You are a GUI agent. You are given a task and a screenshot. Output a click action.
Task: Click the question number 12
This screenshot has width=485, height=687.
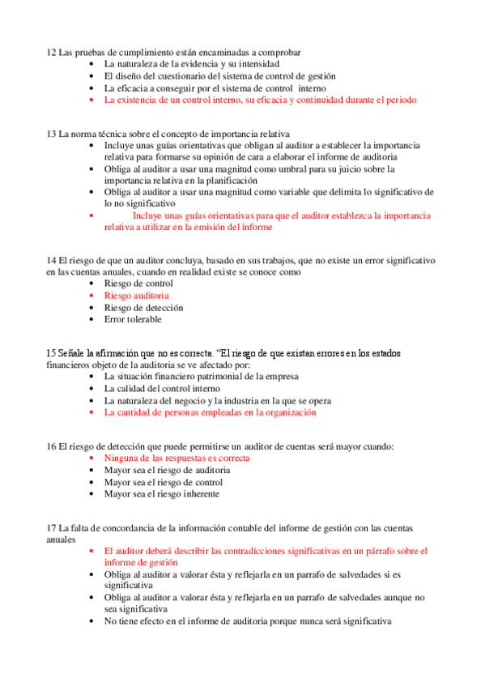[x=51, y=53]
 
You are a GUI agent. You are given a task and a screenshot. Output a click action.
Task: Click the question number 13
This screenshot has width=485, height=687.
[x=51, y=134]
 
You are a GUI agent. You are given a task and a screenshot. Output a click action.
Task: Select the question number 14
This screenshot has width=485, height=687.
[x=51, y=261]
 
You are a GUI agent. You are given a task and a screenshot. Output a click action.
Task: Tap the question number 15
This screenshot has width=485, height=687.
[x=51, y=354]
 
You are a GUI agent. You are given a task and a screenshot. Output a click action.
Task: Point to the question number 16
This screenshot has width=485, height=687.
[x=51, y=446]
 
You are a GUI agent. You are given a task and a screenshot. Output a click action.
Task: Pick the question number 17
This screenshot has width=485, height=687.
[x=51, y=528]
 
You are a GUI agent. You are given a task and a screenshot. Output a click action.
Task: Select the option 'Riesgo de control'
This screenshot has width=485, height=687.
[x=138, y=284]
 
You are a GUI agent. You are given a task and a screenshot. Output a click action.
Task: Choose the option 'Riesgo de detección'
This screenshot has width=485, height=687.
[x=143, y=308]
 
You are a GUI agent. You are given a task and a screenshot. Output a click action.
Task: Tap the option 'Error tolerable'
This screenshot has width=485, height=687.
[x=133, y=319]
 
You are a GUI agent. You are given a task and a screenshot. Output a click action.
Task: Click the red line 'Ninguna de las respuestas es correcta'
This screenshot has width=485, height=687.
[x=177, y=459]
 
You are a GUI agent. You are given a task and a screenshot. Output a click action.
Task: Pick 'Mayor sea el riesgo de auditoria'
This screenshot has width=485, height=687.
[x=167, y=470]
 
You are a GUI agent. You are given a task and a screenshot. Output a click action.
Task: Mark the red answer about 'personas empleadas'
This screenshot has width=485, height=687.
[x=210, y=412]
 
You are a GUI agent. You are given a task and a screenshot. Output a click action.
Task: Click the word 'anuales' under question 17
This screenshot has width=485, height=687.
[x=62, y=539]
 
